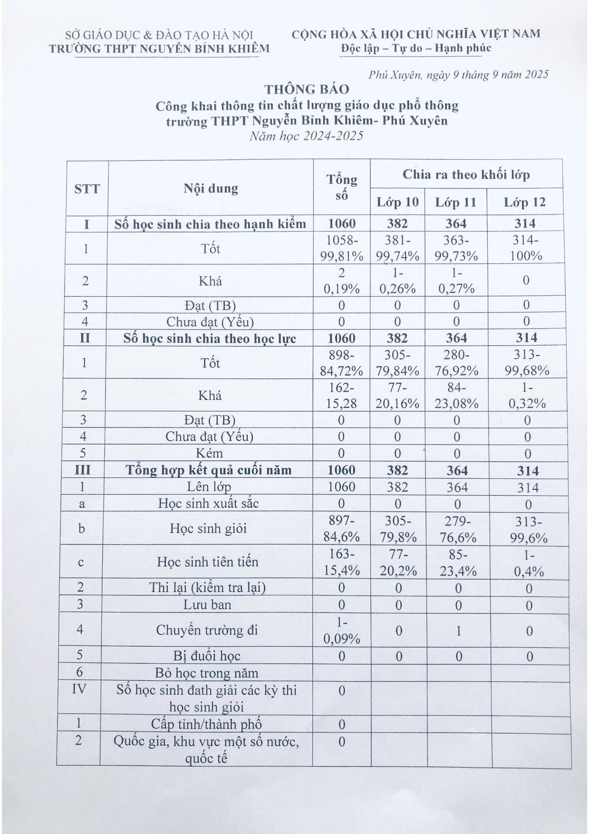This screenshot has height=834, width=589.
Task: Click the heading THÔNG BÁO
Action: (307, 89)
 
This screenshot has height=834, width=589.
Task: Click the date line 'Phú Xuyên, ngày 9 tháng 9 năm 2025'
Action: (458, 75)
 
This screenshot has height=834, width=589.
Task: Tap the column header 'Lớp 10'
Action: (397, 203)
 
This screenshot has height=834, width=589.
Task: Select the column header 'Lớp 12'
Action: (524, 203)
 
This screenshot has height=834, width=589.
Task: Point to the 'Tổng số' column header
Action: (341, 187)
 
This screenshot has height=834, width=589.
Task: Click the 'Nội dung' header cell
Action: (211, 188)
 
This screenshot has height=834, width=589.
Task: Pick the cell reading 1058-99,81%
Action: (341, 248)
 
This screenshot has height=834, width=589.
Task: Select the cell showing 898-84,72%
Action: (341, 362)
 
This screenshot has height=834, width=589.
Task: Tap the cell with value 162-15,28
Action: (341, 396)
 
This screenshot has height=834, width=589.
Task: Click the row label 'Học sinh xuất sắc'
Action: (208, 503)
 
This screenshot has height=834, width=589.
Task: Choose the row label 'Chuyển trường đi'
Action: (207, 630)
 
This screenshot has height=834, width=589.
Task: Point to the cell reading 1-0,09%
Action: (341, 630)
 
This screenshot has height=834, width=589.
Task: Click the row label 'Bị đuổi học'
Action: (207, 656)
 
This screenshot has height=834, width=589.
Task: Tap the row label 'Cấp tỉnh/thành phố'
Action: (206, 724)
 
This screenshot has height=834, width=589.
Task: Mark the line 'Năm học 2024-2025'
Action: (307, 136)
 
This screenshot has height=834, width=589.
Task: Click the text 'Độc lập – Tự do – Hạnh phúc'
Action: (416, 48)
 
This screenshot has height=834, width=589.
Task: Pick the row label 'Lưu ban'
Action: (207, 604)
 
